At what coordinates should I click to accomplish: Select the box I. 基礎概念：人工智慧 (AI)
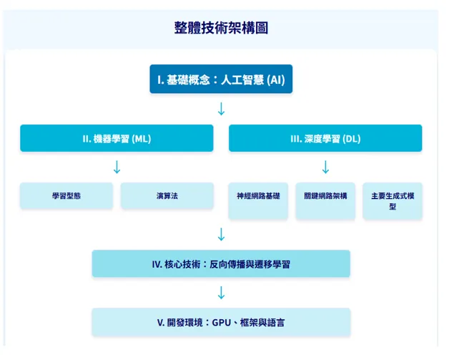pyautogui.click(x=221, y=79)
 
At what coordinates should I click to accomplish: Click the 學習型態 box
pyautogui.click(x=66, y=195)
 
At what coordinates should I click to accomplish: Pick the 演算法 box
pyautogui.click(x=167, y=195)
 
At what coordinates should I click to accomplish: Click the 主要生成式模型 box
pyautogui.click(x=393, y=200)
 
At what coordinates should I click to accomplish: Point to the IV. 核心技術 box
pyautogui.click(x=221, y=264)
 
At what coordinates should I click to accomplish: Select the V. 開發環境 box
pyautogui.click(x=221, y=322)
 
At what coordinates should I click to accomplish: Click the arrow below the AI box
pyautogui.click(x=221, y=109)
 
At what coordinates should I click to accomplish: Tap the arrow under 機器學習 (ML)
pyautogui.click(x=117, y=167)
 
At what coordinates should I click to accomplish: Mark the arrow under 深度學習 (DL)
pyautogui.click(x=325, y=167)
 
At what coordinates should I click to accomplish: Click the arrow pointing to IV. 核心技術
pyautogui.click(x=221, y=234)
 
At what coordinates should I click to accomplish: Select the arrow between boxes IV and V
pyautogui.click(x=221, y=293)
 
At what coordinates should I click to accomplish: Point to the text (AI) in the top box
pyautogui.click(x=275, y=79)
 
